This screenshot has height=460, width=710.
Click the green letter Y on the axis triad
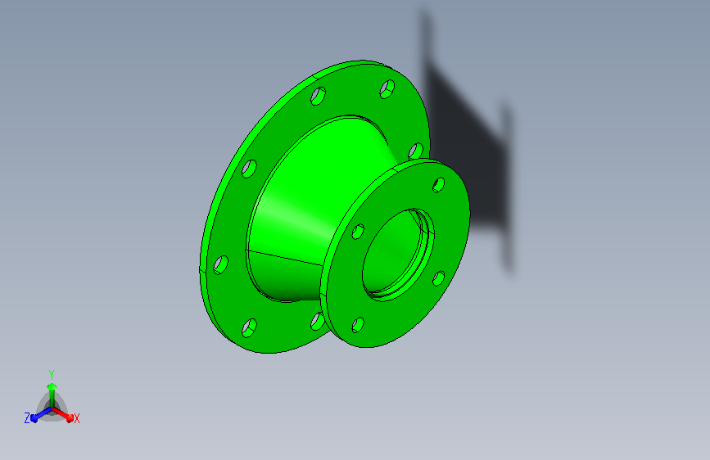pyautogui.click(x=52, y=375)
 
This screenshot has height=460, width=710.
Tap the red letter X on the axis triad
pyautogui.click(x=76, y=419)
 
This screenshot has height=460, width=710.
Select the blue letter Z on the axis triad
pyautogui.click(x=27, y=418)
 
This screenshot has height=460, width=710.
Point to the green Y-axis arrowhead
pyautogui.click(x=52, y=386)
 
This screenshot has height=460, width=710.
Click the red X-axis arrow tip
pyautogui.click(x=70, y=418)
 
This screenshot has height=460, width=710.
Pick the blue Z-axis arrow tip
pyautogui.click(x=34, y=419)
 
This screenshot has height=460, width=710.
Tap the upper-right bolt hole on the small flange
pyautogui.click(x=438, y=185)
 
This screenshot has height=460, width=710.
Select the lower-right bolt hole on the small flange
pyautogui.click(x=438, y=278)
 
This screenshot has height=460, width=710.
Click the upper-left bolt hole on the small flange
pyautogui.click(x=358, y=232)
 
